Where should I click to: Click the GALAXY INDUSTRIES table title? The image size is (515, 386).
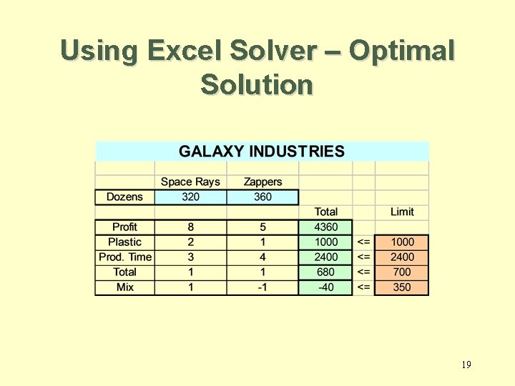tap(261, 152)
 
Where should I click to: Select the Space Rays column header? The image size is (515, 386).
tap(190, 182)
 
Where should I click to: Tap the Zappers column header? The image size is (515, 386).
tap(263, 182)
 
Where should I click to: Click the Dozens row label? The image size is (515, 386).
tap(124, 197)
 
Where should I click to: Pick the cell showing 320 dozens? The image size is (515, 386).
tap(190, 197)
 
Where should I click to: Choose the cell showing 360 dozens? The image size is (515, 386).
tap(263, 197)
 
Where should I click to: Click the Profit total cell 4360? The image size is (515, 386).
tap(326, 227)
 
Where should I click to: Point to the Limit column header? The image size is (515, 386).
tap(402, 212)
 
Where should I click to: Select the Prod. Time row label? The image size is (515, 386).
tap(125, 257)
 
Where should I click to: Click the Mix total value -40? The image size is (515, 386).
tap(326, 287)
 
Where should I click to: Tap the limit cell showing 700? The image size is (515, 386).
tap(402, 272)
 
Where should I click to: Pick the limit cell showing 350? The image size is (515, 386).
tap(402, 287)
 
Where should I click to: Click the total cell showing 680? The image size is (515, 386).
tap(326, 272)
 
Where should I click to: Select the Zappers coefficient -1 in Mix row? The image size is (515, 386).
tap(263, 287)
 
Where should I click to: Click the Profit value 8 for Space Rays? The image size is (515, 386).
tap(190, 227)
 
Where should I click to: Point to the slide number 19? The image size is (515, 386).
tap(466, 365)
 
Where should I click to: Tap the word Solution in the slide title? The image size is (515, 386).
tap(257, 84)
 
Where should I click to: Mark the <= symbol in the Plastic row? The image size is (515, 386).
tap(363, 242)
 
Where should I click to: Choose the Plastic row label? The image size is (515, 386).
tap(124, 242)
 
